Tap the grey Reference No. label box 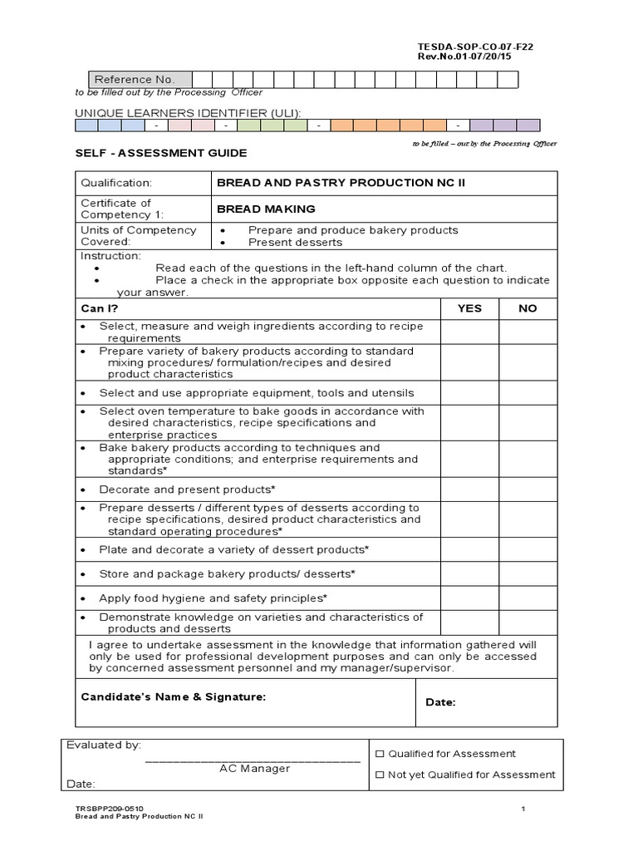click(x=134, y=80)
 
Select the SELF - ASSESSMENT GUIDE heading click(x=161, y=154)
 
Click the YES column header click(x=469, y=308)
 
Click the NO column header click(x=528, y=308)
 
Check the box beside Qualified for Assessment click(x=380, y=755)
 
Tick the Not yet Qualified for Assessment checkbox click(x=380, y=775)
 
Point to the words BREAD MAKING click(x=266, y=209)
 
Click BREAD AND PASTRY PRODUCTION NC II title click(x=336, y=183)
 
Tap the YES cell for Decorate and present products click(x=469, y=489)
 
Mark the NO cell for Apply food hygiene click(x=528, y=598)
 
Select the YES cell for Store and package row click(x=469, y=574)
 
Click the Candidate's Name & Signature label click(x=174, y=697)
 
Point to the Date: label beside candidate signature click(x=440, y=703)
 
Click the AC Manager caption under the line click(x=254, y=769)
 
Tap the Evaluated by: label click(x=104, y=745)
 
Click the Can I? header click(x=99, y=308)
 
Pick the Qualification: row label click(x=116, y=183)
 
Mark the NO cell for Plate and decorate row click(x=528, y=550)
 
